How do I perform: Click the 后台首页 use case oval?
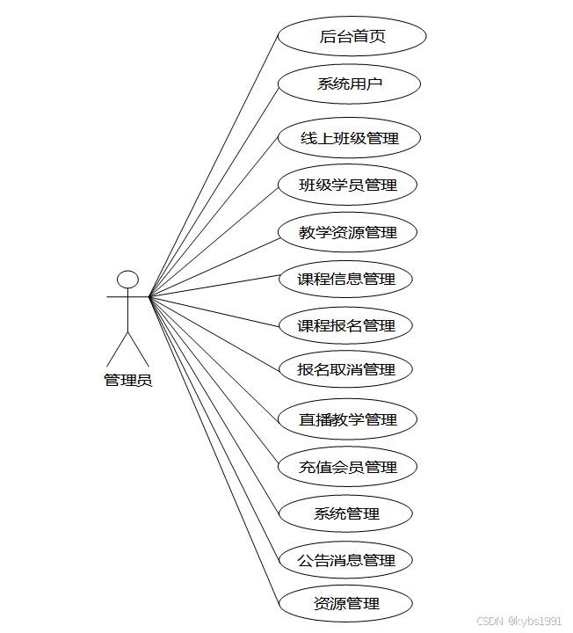352,37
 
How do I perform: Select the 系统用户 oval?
349,85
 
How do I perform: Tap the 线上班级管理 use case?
349,138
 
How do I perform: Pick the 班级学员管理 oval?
347,185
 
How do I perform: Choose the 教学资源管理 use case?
347,232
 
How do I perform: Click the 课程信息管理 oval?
345,279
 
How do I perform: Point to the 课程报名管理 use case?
345,325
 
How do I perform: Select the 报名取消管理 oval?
345,369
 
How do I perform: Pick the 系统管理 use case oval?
346,513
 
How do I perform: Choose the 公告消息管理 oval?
345,560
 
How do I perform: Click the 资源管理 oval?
345,604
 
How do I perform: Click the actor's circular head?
128,280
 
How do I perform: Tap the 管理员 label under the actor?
128,381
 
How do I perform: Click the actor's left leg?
118,349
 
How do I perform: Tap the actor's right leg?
139,349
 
